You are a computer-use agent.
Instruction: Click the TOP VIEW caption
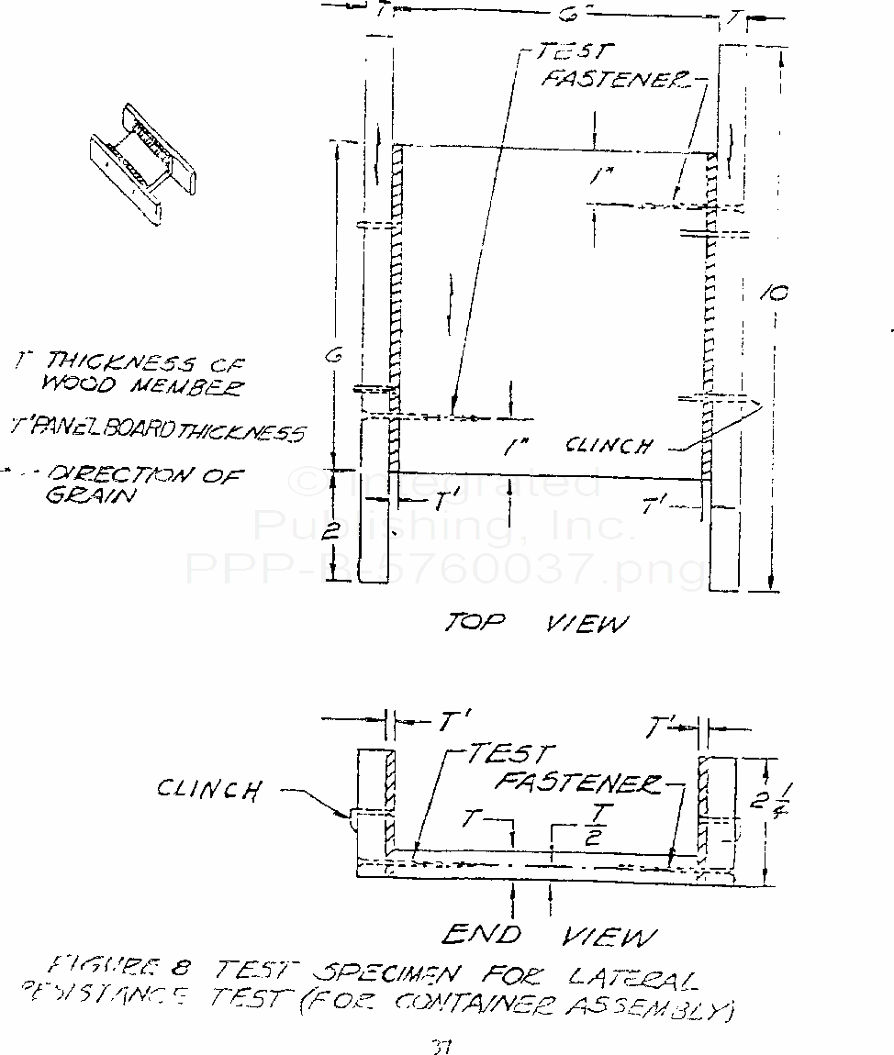pyautogui.click(x=537, y=624)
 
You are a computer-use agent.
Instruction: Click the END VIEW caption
pyautogui.click(x=549, y=935)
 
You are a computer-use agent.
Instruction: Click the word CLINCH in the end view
pyautogui.click(x=209, y=788)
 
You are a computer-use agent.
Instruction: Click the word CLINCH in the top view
pyautogui.click(x=609, y=446)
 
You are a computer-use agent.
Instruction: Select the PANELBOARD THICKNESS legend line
pyautogui.click(x=156, y=429)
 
